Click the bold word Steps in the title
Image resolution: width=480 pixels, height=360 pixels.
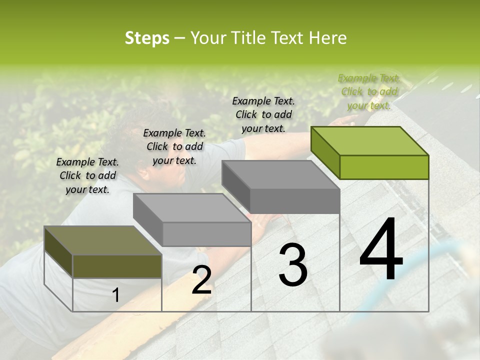[147, 38]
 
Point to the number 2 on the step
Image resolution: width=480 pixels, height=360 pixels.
[201, 280]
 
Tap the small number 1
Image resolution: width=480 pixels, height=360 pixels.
[115, 295]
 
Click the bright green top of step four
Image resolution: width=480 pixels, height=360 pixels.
[369, 140]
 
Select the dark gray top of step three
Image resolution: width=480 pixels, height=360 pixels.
[280, 174]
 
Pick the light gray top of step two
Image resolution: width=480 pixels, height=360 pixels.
[192, 207]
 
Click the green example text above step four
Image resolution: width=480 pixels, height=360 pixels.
[369, 91]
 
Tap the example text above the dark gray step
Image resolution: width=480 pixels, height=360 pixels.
[263, 114]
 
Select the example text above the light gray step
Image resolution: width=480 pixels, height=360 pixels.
[174, 146]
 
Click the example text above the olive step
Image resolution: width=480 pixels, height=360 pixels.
[87, 175]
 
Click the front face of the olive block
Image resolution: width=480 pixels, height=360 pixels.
[117, 266]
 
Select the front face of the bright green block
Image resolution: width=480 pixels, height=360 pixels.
[384, 167]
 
